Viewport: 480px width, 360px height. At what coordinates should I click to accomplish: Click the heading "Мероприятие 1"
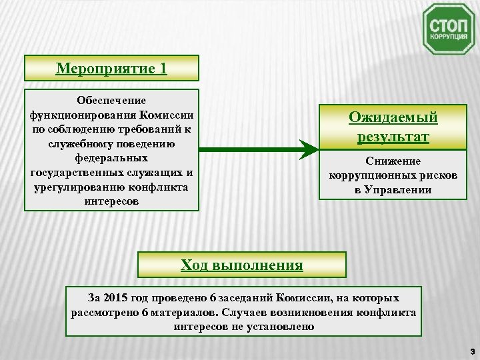tap(111, 68)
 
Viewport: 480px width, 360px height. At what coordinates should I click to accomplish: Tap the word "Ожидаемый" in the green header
tap(393, 117)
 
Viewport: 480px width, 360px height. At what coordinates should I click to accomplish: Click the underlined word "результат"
tap(393, 137)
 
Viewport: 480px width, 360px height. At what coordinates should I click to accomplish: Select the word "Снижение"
tap(393, 161)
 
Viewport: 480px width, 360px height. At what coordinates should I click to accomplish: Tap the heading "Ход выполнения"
tap(241, 265)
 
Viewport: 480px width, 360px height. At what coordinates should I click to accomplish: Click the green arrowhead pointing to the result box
tap(307, 149)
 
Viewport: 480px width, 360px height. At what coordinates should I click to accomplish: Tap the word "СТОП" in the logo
tap(448, 25)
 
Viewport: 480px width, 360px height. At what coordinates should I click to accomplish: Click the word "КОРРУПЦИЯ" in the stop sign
tap(448, 38)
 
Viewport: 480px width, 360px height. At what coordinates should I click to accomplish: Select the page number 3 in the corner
tap(471, 351)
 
